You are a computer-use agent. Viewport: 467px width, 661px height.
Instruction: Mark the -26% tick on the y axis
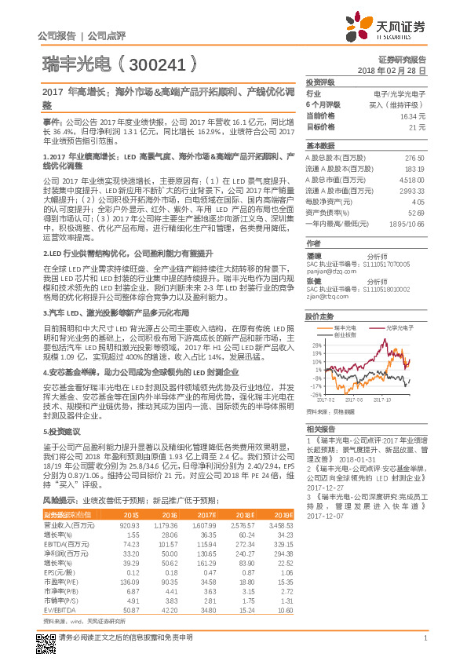click(316, 394)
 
